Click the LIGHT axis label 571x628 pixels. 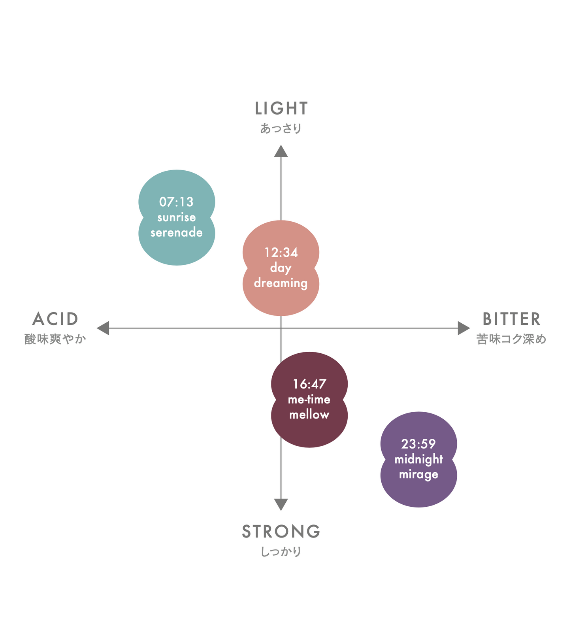(281, 108)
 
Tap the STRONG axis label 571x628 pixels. (281, 532)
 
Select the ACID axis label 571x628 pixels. (55, 319)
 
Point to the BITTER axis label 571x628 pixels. (511, 319)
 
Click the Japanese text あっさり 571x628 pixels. (281, 128)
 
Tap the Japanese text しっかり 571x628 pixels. (281, 551)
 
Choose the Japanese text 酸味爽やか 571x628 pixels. (55, 339)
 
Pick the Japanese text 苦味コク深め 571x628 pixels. (511, 339)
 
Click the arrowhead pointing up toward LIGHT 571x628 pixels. (281, 151)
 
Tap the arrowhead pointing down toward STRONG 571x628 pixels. (281, 504)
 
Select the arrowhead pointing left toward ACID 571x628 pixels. (103, 328)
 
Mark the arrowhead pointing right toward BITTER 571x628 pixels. (464, 328)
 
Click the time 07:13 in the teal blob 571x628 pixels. (176, 202)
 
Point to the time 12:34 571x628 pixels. (281, 253)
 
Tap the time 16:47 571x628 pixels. (309, 384)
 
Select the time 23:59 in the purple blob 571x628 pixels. (418, 444)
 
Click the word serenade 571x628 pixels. (176, 232)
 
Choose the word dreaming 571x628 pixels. (281, 283)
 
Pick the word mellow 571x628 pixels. (309, 415)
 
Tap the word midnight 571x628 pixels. (418, 459)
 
